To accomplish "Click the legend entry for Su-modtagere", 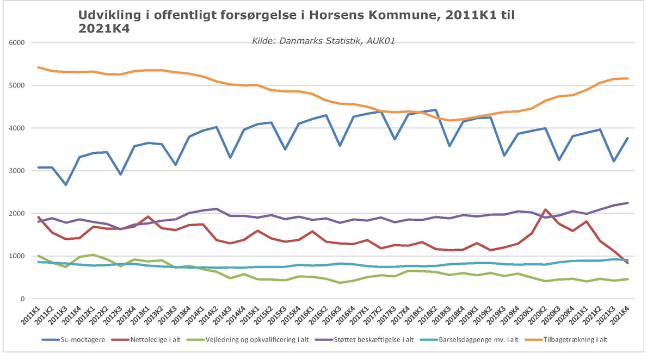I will [x=79, y=340].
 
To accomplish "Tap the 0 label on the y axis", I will [x=24, y=299].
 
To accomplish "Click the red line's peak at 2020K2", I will [x=546, y=209].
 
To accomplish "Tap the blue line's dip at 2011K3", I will [x=66, y=185].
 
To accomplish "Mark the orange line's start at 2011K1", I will [x=39, y=67].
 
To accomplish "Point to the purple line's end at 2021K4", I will [x=628, y=203].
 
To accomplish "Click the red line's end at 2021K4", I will [x=628, y=263].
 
